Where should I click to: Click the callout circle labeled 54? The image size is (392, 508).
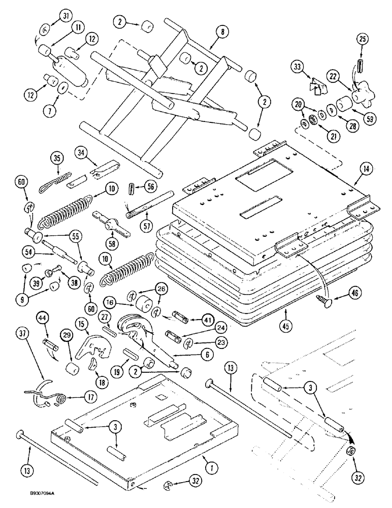tap(29, 250)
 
